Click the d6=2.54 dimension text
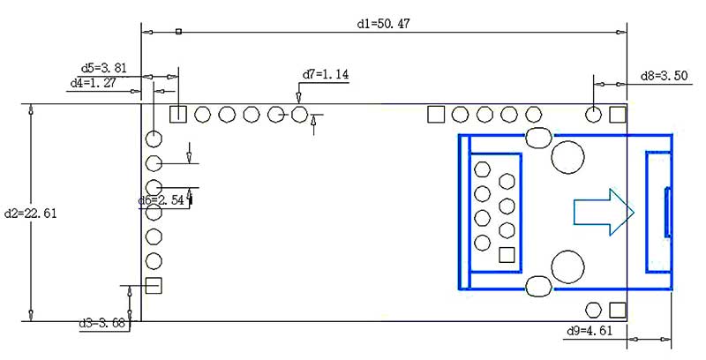[x=161, y=200]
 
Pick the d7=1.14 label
[x=326, y=75]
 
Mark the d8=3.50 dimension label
[x=663, y=77]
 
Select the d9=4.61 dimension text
[x=589, y=331]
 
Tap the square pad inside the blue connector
[x=507, y=255]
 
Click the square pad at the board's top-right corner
[x=618, y=113]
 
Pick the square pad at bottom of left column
[x=154, y=285]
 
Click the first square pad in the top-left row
[x=178, y=113]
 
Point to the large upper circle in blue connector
[x=567, y=156]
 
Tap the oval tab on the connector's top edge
[x=538, y=136]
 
